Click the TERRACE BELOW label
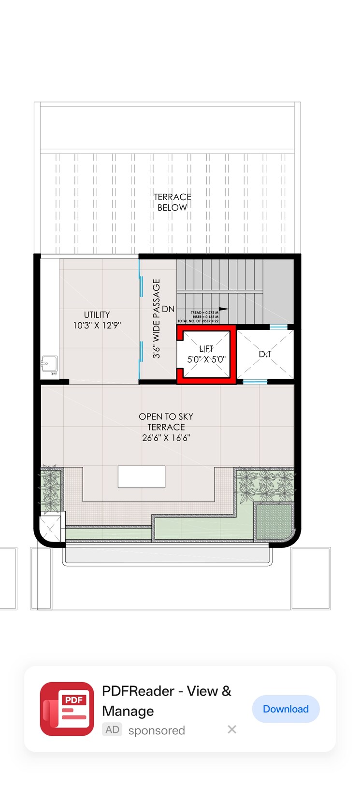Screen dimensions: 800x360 [x=173, y=202]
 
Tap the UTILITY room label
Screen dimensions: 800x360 [x=97, y=314]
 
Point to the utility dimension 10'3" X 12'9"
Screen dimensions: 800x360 [x=97, y=326]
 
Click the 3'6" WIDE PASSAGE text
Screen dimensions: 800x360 [x=157, y=318]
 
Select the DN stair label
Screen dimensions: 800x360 [x=168, y=309]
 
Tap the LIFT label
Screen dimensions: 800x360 [x=206, y=348]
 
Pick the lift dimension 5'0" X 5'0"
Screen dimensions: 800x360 [x=206, y=359]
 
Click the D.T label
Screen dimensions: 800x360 [x=265, y=354]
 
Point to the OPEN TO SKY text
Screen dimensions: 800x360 [x=166, y=416]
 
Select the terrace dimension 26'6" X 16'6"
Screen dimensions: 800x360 [x=166, y=438]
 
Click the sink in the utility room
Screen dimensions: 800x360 [x=49, y=364]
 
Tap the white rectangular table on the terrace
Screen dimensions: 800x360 [x=142, y=477]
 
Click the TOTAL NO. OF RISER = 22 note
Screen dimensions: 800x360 [x=198, y=321]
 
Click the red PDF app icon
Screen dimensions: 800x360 [x=67, y=709]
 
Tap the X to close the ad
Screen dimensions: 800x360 [x=232, y=729]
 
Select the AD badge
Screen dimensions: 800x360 [x=112, y=730]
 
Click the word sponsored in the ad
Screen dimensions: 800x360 [x=157, y=730]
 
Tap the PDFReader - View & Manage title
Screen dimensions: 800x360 [x=167, y=701]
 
